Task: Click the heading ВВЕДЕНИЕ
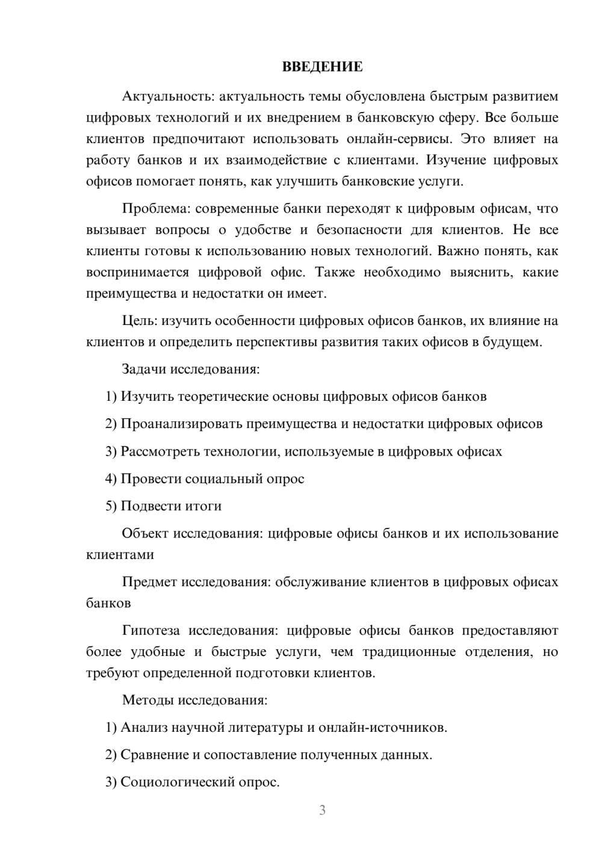tap(322, 67)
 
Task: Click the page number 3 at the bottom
tap(322, 810)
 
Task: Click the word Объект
tap(146, 534)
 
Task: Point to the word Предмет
tap(150, 582)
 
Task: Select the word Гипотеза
tap(151, 631)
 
